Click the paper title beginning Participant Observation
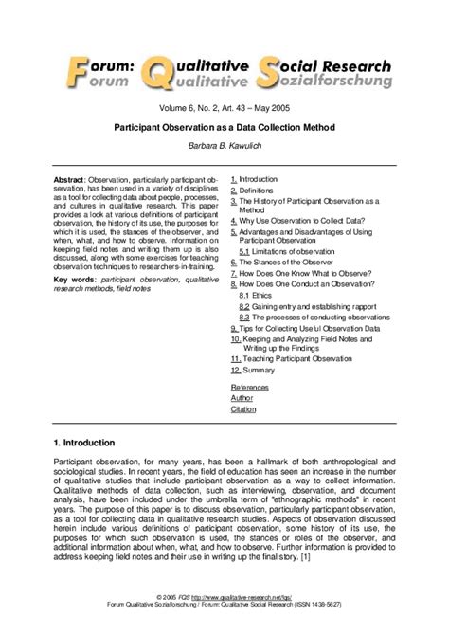click(224, 124)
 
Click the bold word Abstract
click(70, 179)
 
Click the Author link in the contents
click(242, 399)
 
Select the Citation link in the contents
click(243, 410)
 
